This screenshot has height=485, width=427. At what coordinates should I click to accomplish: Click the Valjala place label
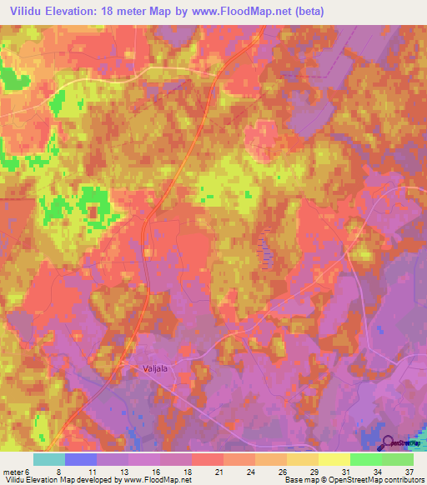(x=151, y=363)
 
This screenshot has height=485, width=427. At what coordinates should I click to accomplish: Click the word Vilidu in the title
(x=29, y=12)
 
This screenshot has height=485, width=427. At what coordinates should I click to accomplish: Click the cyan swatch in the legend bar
(x=49, y=458)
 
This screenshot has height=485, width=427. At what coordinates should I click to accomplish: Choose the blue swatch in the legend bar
(x=81, y=458)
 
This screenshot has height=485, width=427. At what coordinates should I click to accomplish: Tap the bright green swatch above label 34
(x=365, y=458)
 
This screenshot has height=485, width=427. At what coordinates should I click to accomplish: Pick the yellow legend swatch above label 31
(x=334, y=458)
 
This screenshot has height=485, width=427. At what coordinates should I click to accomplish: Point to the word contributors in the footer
(x=399, y=480)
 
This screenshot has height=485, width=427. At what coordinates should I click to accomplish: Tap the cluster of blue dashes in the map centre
(x=266, y=247)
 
